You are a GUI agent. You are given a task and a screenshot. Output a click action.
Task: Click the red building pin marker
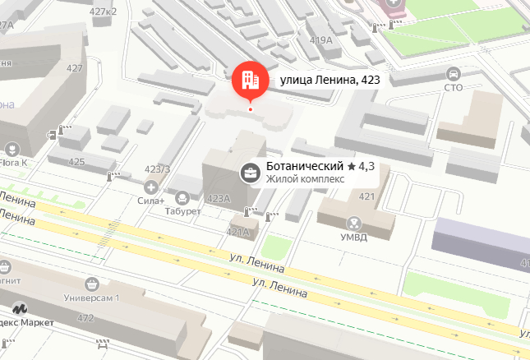250,78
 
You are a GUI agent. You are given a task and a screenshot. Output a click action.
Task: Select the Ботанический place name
303,166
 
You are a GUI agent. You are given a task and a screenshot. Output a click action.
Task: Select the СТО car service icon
453,73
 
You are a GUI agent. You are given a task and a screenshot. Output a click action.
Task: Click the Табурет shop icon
182,196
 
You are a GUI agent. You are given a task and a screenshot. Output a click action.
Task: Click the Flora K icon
12,149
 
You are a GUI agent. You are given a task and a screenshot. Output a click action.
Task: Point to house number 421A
238,232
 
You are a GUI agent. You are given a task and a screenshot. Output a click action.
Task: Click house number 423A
219,198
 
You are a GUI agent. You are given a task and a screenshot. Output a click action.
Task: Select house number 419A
320,39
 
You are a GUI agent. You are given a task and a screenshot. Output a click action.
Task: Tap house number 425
76,162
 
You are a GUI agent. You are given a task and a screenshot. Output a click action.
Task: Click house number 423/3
156,169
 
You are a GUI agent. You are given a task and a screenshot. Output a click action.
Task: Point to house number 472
85,317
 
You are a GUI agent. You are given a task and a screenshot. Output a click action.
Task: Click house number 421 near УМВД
366,196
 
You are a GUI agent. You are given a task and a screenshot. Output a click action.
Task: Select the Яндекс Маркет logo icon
18,309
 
